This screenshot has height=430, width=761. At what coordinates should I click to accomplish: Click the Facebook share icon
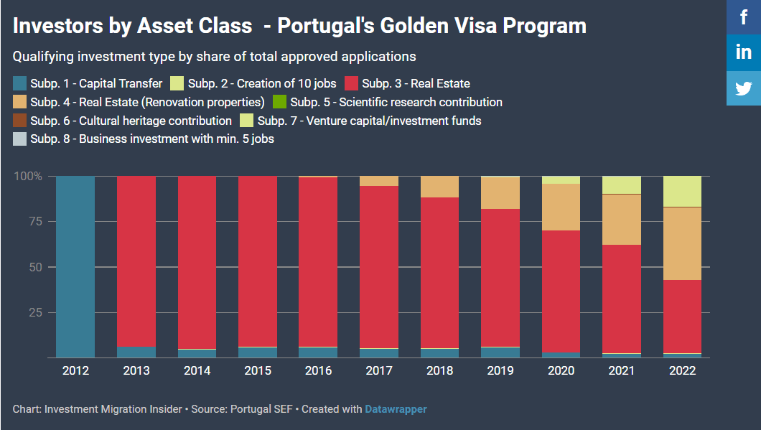point(744,17)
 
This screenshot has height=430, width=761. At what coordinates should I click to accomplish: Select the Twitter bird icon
point(744,88)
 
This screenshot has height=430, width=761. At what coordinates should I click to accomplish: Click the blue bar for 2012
point(75,266)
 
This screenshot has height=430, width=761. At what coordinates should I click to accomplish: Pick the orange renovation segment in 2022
point(682,243)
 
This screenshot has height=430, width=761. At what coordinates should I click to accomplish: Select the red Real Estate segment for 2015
point(258,261)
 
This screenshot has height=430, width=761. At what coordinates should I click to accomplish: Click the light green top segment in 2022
point(682,191)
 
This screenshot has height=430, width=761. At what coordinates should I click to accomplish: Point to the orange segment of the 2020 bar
point(561,207)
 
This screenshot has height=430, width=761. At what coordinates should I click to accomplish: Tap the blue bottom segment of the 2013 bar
point(136,352)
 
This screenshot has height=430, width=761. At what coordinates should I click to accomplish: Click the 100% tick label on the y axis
point(29,177)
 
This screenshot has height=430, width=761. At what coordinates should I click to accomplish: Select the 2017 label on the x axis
point(379,371)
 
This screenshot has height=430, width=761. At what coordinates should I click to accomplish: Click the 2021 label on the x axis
point(622,371)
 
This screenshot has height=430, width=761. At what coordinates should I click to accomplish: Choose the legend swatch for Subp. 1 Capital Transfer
point(20,83)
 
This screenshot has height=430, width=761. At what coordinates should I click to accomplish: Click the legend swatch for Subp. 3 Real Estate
point(352,83)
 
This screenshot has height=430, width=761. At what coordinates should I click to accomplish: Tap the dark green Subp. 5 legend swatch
point(280,102)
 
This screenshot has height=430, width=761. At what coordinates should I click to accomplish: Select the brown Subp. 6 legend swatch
point(20,121)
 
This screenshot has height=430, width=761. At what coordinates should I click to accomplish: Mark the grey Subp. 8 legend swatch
point(20,139)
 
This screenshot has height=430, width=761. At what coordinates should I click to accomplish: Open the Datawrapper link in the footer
point(396,409)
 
